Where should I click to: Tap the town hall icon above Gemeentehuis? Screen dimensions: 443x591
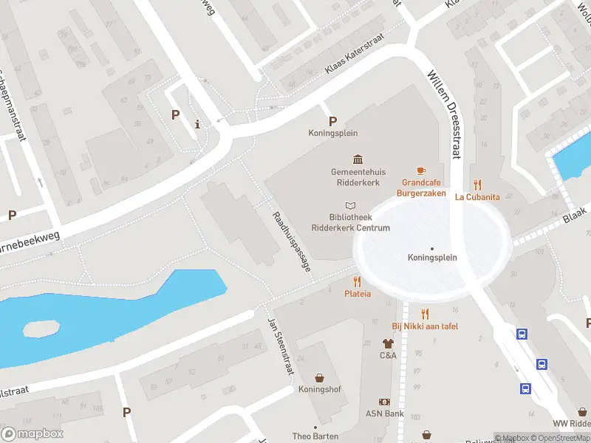pos(358,159)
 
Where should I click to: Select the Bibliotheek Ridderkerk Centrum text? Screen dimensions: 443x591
pos(360,222)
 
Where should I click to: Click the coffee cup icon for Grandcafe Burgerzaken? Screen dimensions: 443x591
pos(422,171)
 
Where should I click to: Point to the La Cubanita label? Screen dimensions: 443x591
pos(477,197)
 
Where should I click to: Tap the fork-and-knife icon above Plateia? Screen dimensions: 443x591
pos(358,281)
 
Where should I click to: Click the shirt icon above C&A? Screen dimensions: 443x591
pos(388,343)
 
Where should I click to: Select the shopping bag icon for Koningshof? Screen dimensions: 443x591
pos(320,378)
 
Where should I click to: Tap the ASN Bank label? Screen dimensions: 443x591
pos(384,413)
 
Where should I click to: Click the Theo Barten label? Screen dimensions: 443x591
pos(315,436)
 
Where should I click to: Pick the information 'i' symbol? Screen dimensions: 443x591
pos(197,124)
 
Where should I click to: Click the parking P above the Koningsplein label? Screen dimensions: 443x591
pos(332,121)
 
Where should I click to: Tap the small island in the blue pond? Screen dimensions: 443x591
pos(41,329)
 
